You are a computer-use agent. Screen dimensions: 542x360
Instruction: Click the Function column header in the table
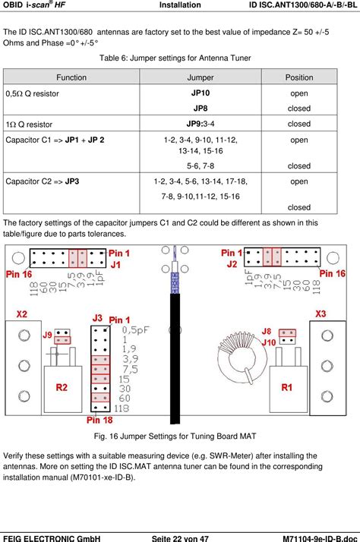71,77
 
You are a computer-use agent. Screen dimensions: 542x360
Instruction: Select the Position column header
298,77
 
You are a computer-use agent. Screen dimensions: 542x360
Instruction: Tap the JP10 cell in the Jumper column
201,93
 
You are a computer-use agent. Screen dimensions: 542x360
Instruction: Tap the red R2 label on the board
64,387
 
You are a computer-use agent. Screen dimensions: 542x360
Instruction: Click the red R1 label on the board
287,387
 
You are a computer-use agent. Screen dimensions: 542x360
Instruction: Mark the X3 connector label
321,314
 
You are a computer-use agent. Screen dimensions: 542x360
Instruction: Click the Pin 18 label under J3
99,419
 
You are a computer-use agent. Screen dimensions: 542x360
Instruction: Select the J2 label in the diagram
232,263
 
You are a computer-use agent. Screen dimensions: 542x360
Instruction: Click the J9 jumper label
47,334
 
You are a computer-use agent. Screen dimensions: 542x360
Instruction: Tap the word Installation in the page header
180,5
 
